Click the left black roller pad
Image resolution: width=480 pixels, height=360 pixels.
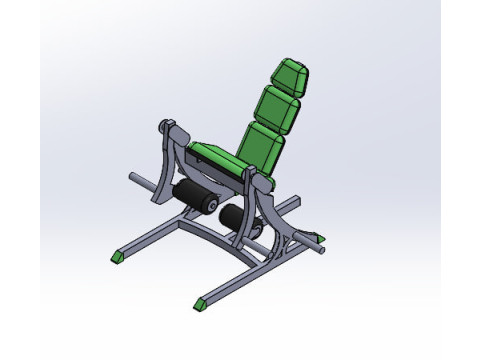[192, 195]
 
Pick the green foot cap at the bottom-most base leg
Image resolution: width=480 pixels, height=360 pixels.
[204, 301]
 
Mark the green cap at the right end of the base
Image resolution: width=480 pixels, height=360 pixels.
[319, 238]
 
